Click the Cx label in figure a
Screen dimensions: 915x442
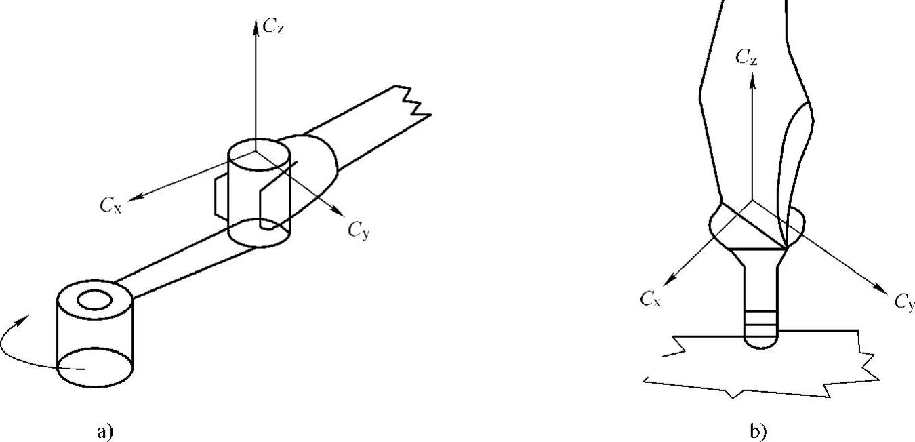click(110, 205)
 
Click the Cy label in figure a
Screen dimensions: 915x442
click(359, 230)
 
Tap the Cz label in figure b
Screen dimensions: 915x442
click(747, 58)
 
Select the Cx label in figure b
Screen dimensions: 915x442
click(651, 299)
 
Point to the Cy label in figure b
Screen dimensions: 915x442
click(904, 302)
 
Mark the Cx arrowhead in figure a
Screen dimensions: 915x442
click(134, 198)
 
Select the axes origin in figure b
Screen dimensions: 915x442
click(752, 201)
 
